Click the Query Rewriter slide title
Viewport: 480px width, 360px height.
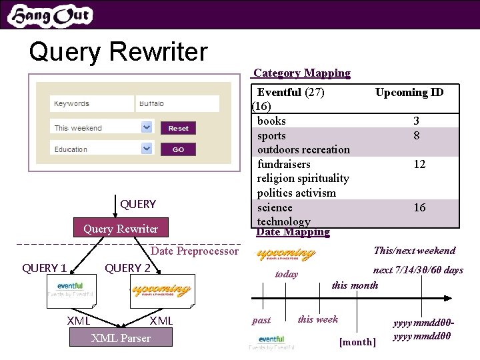[x=119, y=51]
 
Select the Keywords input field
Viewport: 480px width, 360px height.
[x=91, y=104]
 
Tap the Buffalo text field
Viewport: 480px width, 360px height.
[x=177, y=104]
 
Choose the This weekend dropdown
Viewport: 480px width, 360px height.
[x=102, y=127]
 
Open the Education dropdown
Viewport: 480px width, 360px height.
[x=102, y=149]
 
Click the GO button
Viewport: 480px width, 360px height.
[x=178, y=149]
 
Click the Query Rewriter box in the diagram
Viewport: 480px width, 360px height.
[x=121, y=229]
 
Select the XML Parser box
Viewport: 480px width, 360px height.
[x=121, y=338]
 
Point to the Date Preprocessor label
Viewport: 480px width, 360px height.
[x=194, y=251]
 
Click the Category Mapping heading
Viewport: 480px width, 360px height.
[x=301, y=73]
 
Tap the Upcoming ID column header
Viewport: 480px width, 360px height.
[x=409, y=93]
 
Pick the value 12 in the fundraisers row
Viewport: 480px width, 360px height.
[x=419, y=164]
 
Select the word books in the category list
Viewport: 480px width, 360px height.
[x=271, y=121]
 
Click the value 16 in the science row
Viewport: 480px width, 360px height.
[x=419, y=207]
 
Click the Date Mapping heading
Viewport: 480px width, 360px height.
[x=293, y=232]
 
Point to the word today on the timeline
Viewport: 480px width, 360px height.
[x=287, y=274]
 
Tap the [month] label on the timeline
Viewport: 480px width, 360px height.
[x=357, y=342]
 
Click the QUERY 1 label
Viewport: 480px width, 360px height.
[x=45, y=268]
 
